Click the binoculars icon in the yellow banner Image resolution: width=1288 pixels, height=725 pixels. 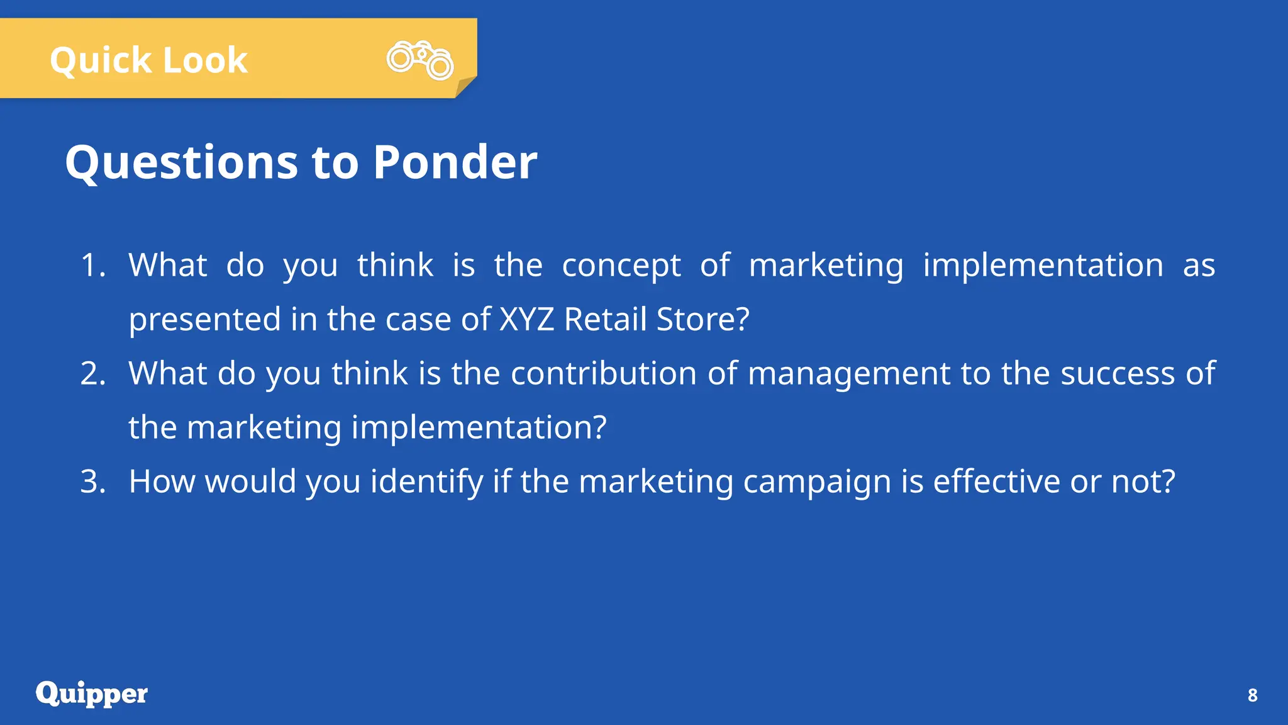click(420, 60)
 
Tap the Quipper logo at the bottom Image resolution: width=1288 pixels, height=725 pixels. click(92, 694)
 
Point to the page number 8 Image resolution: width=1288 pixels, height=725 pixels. click(1252, 695)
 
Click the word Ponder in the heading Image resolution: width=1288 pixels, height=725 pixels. click(455, 162)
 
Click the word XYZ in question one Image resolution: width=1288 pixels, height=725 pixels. click(526, 319)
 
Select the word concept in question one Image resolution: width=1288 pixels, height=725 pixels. click(621, 266)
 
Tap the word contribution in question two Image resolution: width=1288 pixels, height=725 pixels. click(603, 373)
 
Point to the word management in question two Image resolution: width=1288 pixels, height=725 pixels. click(849, 374)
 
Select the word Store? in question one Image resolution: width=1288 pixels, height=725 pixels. click(702, 319)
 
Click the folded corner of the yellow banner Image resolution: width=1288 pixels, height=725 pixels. click(465, 87)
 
